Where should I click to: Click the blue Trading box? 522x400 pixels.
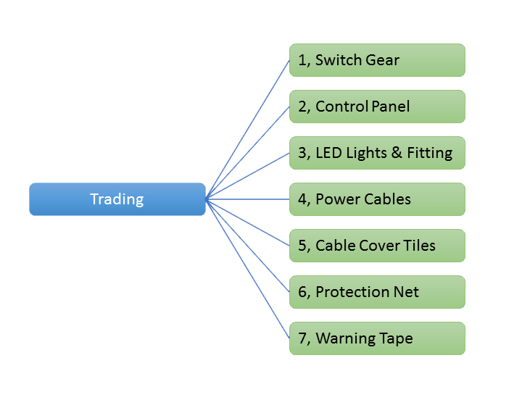[117, 199]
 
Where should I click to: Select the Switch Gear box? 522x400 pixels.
[376, 60]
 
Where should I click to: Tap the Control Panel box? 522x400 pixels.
[376, 107]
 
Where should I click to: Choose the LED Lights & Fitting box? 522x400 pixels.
[376, 153]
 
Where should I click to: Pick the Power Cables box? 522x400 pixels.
[376, 199]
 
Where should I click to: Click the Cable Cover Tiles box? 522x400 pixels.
[376, 246]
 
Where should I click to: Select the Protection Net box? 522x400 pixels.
[376, 292]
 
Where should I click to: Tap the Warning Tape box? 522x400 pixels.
[376, 338]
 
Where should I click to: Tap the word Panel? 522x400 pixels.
[391, 107]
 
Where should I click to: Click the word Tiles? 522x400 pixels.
[419, 246]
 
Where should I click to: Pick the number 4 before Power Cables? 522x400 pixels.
[302, 199]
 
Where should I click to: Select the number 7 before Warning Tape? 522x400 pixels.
[302, 338]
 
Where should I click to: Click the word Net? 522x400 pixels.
[407, 292]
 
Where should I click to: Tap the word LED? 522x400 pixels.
[328, 153]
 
